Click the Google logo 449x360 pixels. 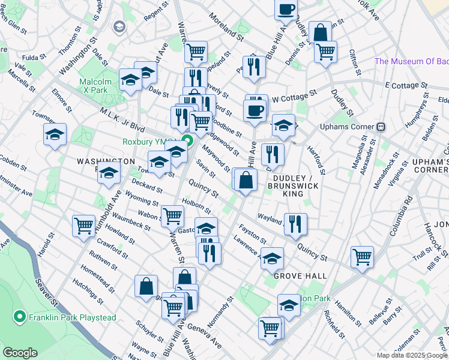tap(20, 353)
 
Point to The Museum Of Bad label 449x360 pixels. tap(411, 61)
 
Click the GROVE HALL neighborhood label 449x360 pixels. tap(300, 276)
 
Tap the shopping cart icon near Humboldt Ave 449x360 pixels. tap(83, 226)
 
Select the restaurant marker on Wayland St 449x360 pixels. tap(295, 224)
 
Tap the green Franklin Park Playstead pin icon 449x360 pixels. tap(20, 316)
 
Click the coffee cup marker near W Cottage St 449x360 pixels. tap(254, 111)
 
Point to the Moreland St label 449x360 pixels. tap(222, 28)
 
